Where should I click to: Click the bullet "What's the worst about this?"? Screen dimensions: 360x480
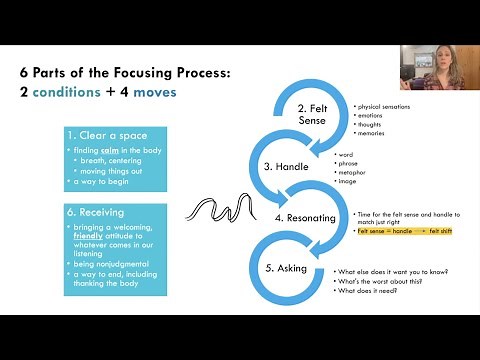tap(388, 281)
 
